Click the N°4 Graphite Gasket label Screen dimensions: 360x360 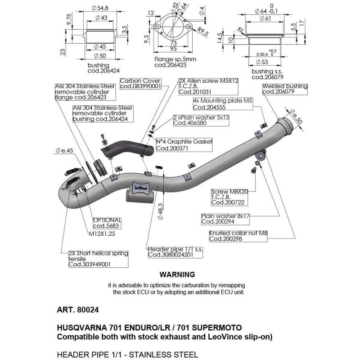tap(184, 145)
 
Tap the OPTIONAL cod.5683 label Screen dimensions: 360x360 tap(106, 223)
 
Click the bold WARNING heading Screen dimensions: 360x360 tap(177, 274)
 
